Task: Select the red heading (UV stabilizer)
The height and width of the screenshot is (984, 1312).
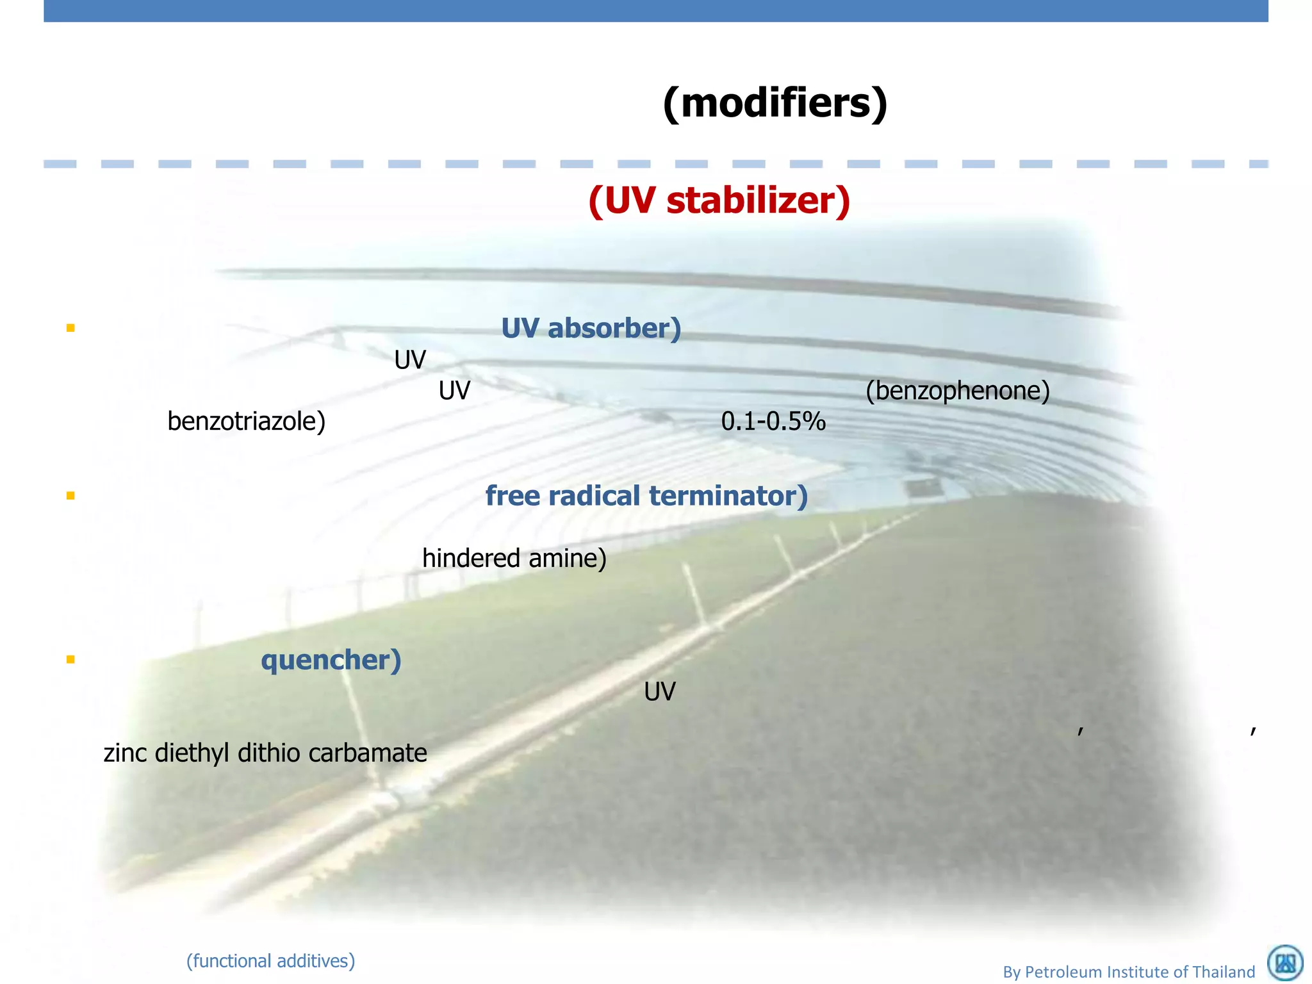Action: [719, 201]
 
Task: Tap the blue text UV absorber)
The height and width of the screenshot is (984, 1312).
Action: [591, 328]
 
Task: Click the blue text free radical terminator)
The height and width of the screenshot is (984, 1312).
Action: [646, 496]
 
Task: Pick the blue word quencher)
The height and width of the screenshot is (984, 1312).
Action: [331, 660]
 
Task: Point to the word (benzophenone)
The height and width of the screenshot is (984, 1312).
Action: [958, 390]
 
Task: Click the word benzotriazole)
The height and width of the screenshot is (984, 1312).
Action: [247, 422]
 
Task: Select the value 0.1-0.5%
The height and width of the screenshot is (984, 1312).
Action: [773, 422]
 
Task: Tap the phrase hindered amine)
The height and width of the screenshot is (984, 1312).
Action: [514, 559]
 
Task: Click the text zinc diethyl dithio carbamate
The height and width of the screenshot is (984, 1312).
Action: [265, 753]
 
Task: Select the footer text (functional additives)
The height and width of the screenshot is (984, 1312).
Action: [270, 961]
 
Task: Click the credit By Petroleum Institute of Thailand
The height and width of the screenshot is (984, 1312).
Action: [1129, 972]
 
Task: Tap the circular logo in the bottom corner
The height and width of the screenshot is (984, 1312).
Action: [1285, 963]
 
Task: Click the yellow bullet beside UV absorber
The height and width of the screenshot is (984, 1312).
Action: [70, 328]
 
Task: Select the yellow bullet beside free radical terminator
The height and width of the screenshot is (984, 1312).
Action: [70, 495]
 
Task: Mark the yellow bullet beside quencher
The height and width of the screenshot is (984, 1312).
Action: [70, 659]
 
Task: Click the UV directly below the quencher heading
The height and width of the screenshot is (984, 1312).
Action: [660, 692]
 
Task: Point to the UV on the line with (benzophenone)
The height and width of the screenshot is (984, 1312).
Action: [454, 391]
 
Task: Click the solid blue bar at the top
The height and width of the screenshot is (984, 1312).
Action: [656, 11]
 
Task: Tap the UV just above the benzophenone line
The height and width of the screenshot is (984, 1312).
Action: [410, 360]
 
